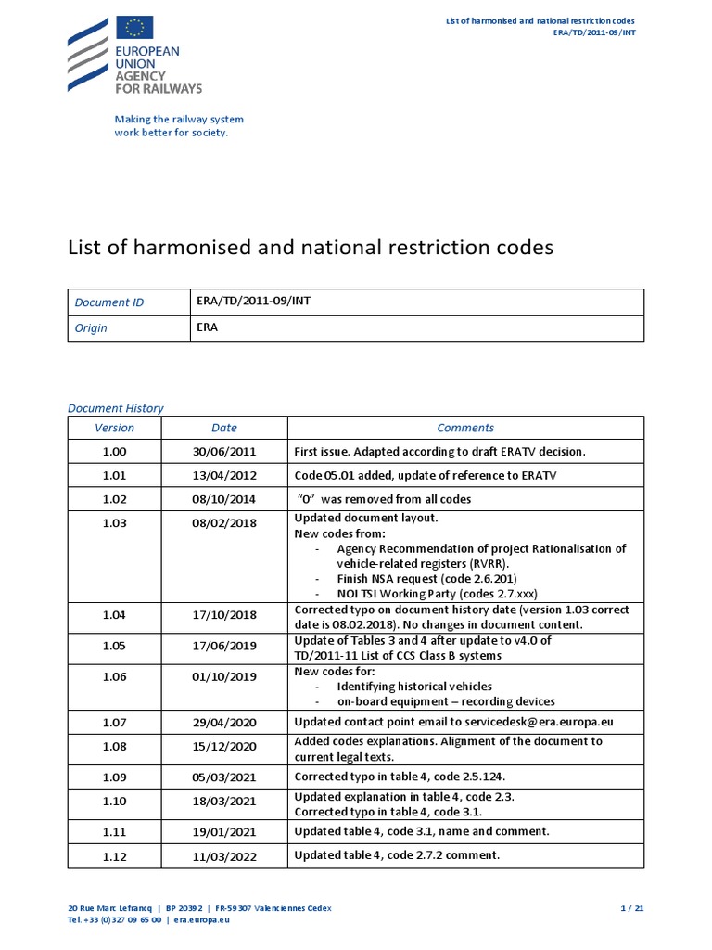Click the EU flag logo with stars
tap(135, 29)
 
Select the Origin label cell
tap(91, 327)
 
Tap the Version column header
tap(114, 428)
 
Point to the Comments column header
tap(465, 428)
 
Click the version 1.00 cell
tap(114, 452)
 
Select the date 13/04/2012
tap(223, 475)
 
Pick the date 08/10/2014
tap(223, 499)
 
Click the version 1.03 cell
tap(114, 523)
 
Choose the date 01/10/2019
tap(223, 676)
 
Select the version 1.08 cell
tap(114, 746)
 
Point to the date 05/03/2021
tap(223, 777)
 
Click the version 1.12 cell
tap(114, 855)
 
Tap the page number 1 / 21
tap(631, 907)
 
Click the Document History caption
tap(116, 407)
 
